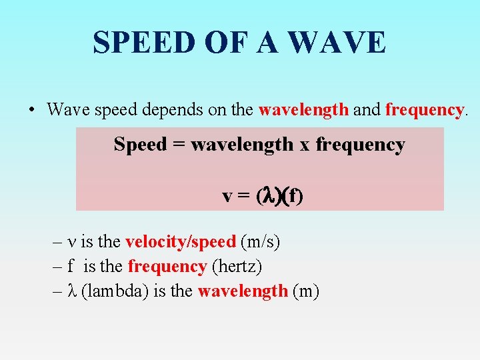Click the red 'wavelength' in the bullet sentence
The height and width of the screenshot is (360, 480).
(x=303, y=109)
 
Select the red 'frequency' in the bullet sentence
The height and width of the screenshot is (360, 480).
(x=424, y=109)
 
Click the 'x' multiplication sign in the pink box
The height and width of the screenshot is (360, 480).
(x=304, y=145)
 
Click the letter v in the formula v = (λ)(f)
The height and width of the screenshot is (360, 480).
(x=227, y=197)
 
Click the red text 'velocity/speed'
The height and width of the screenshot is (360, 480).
(x=180, y=242)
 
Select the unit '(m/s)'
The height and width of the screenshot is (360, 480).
(x=260, y=242)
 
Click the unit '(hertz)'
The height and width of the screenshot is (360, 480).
(x=237, y=267)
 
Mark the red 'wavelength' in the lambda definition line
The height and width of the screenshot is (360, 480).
(x=243, y=291)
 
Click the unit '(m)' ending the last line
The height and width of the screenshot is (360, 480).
(x=306, y=291)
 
